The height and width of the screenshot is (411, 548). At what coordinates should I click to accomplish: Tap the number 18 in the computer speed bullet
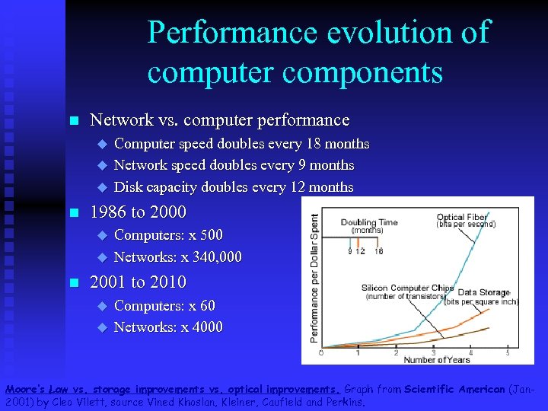coord(314,144)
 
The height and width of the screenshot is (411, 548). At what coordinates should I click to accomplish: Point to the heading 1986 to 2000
coord(138,212)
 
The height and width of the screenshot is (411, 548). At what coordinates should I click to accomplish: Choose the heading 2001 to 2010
coord(138,282)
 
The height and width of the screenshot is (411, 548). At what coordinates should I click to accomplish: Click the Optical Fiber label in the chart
coord(461,217)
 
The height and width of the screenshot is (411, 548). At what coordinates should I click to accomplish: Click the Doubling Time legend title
coord(369,222)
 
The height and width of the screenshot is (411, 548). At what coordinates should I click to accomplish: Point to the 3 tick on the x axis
coord(432,352)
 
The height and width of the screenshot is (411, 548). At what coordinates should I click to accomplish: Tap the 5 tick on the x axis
coord(507,352)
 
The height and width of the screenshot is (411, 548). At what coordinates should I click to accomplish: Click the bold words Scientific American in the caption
coord(455,389)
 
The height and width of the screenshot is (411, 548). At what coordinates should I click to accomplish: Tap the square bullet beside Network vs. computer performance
coord(73,121)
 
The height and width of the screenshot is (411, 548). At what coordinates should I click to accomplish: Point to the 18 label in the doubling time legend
coord(378,250)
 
